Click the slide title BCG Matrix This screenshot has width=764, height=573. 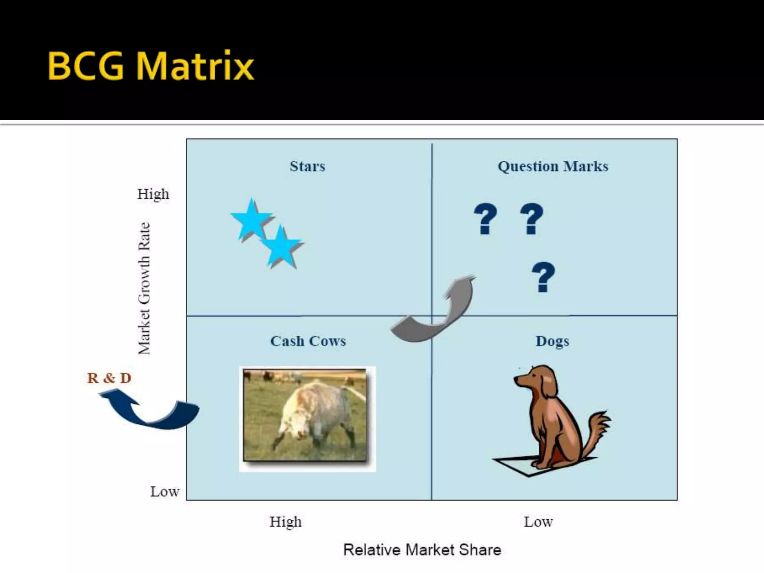point(151,66)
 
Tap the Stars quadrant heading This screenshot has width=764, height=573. point(307,166)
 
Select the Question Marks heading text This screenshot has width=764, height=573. point(553,166)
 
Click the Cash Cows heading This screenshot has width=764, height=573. point(308,341)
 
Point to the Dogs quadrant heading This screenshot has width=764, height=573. point(552,341)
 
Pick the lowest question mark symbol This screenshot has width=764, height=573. point(543,277)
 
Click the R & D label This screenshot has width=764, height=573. point(109,378)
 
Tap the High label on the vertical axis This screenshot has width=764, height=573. point(153,194)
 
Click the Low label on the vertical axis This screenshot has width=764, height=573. point(165,492)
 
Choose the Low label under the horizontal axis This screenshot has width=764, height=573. point(538,522)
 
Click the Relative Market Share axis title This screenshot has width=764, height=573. point(422,550)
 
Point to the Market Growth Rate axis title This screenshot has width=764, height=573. point(144,288)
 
